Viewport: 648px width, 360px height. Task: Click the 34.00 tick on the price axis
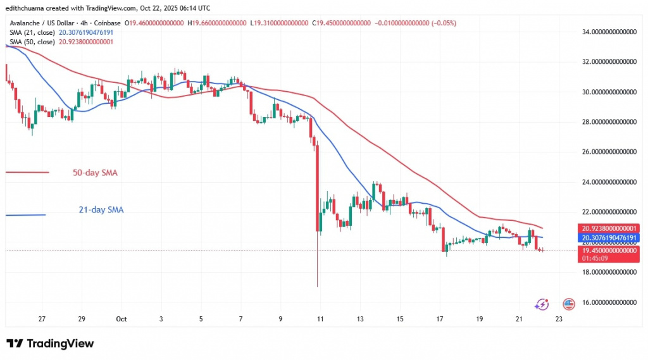[x=609, y=31]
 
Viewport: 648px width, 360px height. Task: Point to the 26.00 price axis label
[x=609, y=152]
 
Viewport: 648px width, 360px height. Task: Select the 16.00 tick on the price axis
[x=609, y=302]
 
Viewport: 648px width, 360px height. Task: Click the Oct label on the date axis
[x=121, y=320]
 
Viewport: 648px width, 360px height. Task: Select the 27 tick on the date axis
[x=42, y=320]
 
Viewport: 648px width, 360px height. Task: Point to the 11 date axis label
[x=320, y=320]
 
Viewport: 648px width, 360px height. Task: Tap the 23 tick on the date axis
[x=559, y=320]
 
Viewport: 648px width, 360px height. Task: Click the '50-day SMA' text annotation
[x=96, y=172]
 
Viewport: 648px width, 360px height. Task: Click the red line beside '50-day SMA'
[x=27, y=172]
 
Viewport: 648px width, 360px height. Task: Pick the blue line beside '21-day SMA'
[x=25, y=215]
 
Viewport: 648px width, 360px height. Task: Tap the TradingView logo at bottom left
[x=51, y=344]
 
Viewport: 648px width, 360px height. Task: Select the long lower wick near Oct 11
[x=317, y=266]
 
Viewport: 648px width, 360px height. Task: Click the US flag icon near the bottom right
[x=568, y=304]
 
